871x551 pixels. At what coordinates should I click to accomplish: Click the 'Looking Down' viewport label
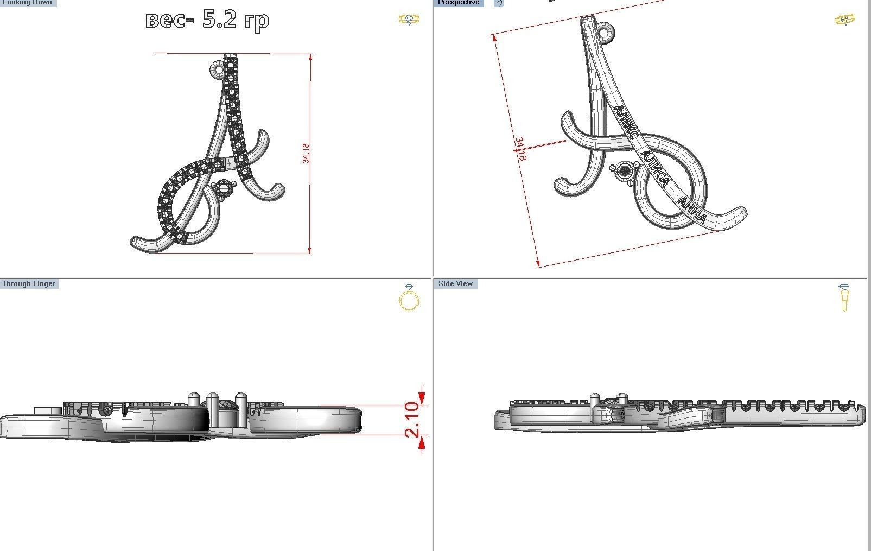click(x=27, y=3)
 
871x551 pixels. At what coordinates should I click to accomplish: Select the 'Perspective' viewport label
click(x=459, y=3)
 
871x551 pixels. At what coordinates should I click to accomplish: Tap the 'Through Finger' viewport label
click(x=29, y=283)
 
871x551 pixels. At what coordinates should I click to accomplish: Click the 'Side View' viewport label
click(x=455, y=283)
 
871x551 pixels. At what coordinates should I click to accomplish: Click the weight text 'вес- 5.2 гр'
click(x=207, y=20)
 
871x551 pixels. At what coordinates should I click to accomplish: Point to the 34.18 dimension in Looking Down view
click(x=306, y=153)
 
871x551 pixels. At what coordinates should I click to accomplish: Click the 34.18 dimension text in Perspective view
click(x=520, y=149)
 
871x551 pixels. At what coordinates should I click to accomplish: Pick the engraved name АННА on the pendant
click(x=692, y=211)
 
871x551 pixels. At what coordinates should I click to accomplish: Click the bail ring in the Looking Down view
click(x=219, y=69)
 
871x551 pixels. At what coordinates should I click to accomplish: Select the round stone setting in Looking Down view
click(x=224, y=189)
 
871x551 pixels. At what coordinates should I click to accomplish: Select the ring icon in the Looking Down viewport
click(x=409, y=20)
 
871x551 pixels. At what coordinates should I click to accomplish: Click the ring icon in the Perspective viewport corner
click(x=844, y=20)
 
